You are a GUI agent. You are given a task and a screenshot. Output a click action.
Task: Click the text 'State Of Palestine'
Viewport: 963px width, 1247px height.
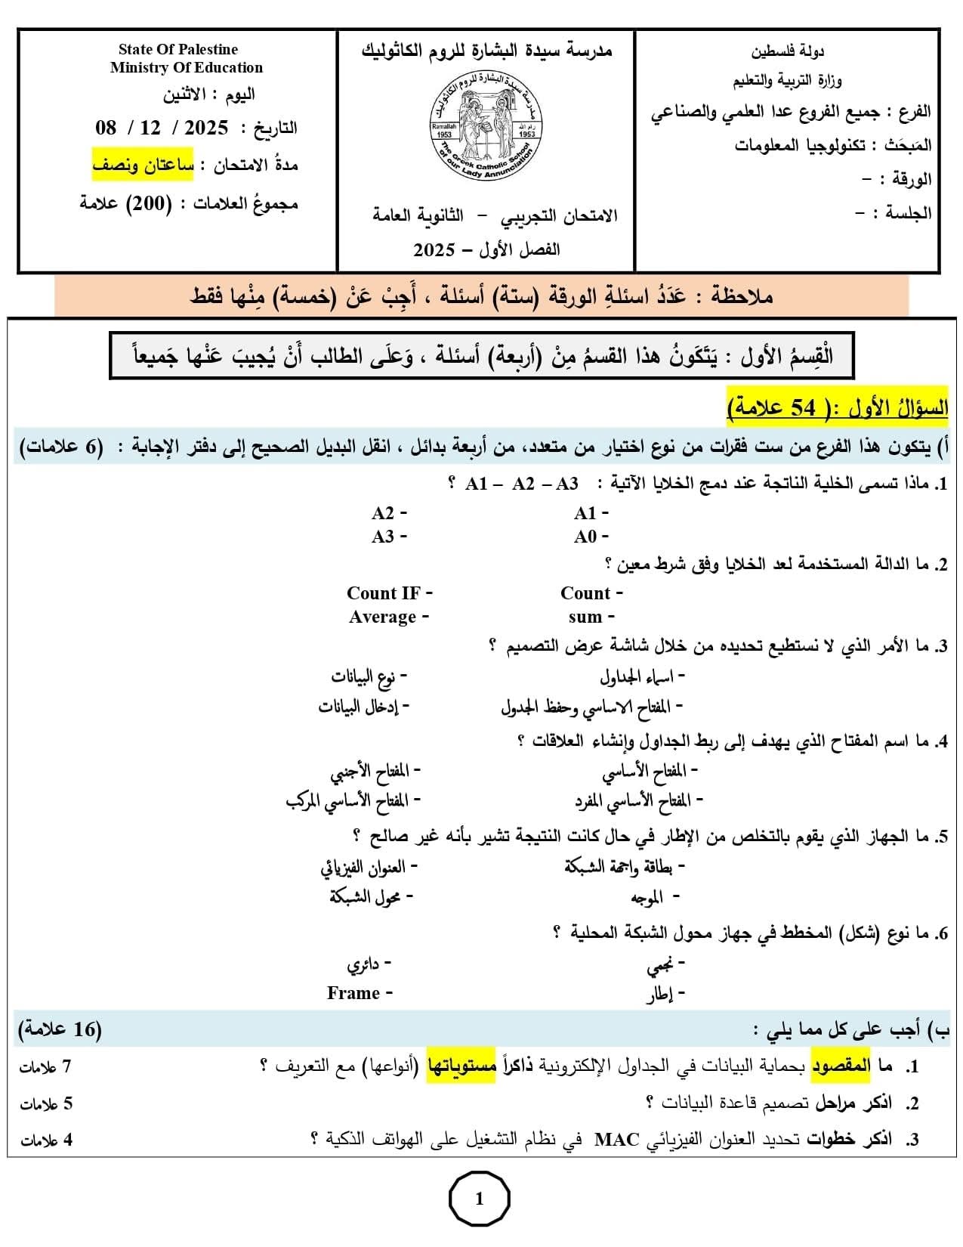pos(178,50)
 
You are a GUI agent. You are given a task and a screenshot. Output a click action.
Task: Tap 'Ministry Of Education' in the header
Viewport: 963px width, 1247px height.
pos(187,68)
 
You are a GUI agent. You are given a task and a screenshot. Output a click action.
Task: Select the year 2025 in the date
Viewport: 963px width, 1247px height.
pos(206,128)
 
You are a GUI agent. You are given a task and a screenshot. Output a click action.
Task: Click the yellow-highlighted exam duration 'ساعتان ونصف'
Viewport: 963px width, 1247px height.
pos(144,165)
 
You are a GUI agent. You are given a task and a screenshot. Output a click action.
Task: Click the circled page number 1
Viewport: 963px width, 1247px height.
pos(480,1199)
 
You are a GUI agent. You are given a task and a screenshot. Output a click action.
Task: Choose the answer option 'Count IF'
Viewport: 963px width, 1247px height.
pos(383,593)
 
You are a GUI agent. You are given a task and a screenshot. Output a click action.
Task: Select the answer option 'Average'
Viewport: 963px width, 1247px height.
pos(383,617)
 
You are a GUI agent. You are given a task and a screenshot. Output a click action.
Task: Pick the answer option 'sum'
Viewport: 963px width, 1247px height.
pos(585,617)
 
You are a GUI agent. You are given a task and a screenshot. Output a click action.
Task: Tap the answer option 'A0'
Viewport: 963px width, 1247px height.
pos(585,537)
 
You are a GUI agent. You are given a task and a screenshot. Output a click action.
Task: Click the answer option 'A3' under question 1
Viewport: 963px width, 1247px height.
pos(383,537)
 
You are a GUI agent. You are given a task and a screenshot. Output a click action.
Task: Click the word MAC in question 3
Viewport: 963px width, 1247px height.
pos(617,1139)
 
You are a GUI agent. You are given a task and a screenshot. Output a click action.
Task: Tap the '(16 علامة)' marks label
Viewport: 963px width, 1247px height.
pos(59,1029)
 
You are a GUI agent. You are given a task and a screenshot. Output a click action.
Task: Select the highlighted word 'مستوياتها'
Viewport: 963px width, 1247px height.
pos(461,1066)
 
